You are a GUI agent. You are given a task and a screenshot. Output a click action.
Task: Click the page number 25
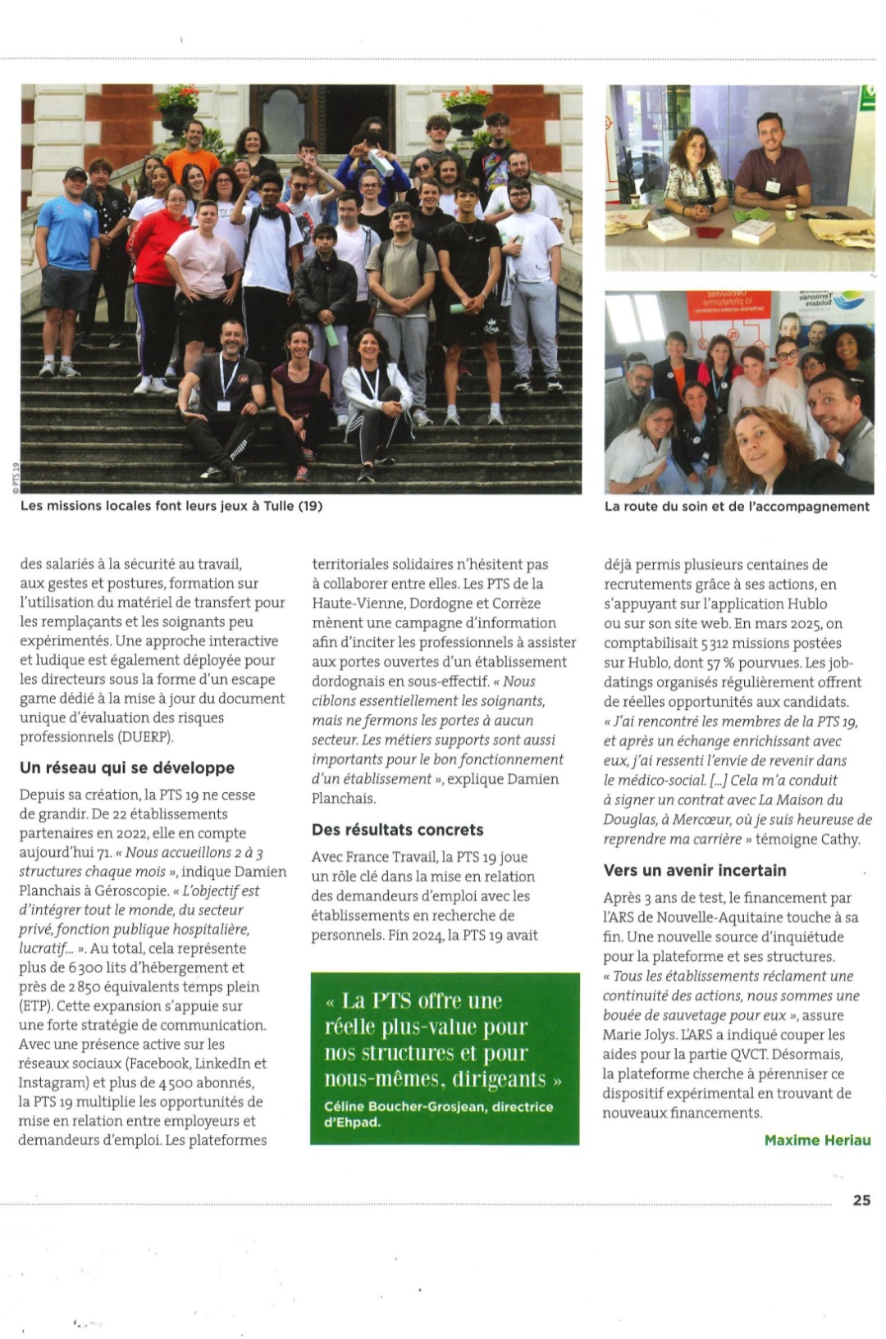coord(861,1200)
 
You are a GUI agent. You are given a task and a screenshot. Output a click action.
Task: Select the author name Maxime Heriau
coord(817,1140)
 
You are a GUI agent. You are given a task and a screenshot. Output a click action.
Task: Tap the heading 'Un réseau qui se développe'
coord(127,767)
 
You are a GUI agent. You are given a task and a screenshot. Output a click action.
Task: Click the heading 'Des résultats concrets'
coord(398,830)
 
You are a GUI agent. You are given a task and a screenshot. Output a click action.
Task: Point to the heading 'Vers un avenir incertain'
coord(695,870)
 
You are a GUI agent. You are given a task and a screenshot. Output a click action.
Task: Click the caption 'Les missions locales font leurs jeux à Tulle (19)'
coord(171,506)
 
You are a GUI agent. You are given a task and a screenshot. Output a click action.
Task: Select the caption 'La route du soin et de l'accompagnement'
coord(737,506)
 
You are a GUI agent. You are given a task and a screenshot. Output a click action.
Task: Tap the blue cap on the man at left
coord(75,174)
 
